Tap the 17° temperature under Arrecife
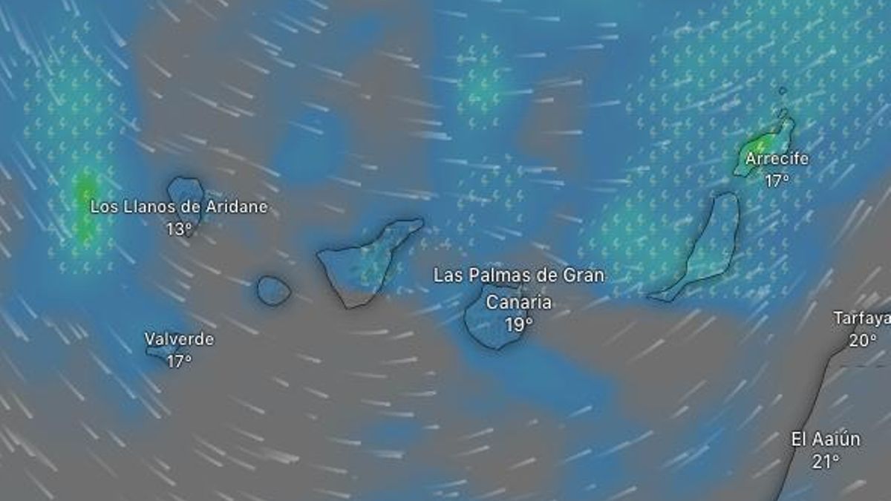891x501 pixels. tap(777, 180)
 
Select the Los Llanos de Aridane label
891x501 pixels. tap(178, 207)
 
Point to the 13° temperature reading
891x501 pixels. tap(179, 229)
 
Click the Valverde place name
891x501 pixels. tap(179, 340)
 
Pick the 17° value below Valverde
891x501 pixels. tap(179, 361)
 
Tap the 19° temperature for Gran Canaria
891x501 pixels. tap(519, 324)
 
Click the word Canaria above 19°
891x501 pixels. tap(519, 303)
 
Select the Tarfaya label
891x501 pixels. tap(861, 318)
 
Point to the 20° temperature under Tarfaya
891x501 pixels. tap(863, 341)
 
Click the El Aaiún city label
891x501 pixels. tap(826, 439)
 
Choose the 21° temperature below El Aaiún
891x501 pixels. tap(826, 462)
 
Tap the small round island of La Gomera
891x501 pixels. tap(273, 290)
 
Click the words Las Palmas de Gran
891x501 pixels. tap(519, 276)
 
